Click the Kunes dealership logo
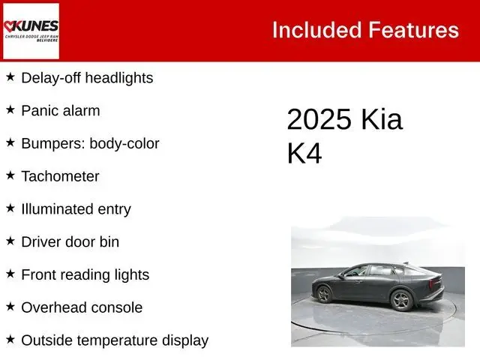tap(31, 31)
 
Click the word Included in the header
tap(316, 30)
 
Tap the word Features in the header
tap(413, 30)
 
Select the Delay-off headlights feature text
tap(87, 77)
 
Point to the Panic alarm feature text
tap(60, 110)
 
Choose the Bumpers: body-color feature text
tap(90, 143)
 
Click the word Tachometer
tap(60, 176)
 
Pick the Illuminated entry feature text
tap(76, 209)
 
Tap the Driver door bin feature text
tap(70, 241)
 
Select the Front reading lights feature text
tap(85, 274)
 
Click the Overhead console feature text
tap(82, 307)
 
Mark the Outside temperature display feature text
tap(115, 340)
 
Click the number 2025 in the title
tap(319, 120)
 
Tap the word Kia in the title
tap(381, 120)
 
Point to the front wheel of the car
tap(402, 300)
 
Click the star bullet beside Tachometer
tap(10, 175)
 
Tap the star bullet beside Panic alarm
tap(10, 109)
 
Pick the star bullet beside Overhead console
tap(10, 306)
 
